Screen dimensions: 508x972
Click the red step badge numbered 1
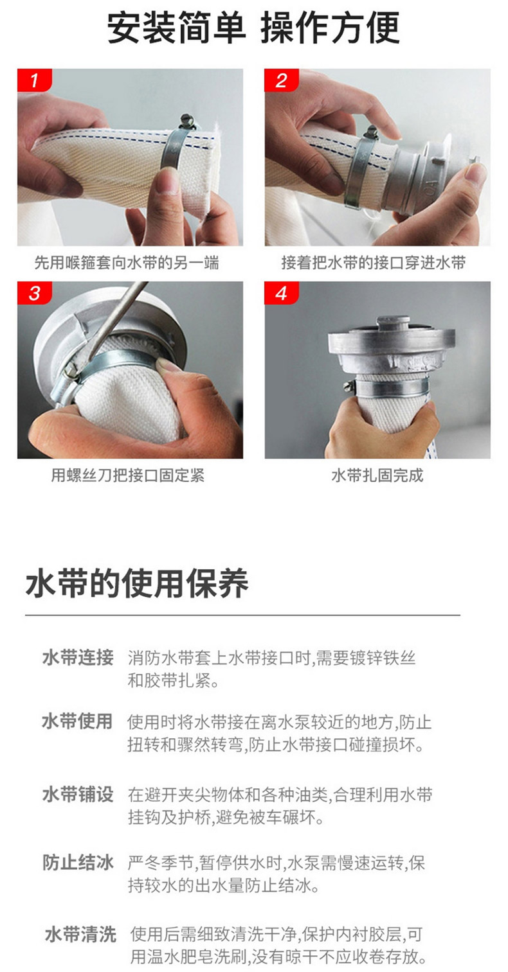34,80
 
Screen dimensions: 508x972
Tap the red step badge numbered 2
282,80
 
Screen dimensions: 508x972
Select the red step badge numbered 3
34,293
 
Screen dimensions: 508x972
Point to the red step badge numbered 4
282,293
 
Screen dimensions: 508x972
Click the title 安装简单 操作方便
253,28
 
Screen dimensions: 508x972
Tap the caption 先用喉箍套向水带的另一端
126,263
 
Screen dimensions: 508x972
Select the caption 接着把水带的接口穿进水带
374,263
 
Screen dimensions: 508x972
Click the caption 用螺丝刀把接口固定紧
128,475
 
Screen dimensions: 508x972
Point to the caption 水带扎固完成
377,475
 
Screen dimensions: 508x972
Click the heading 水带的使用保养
137,583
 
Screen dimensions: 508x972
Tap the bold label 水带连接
78,658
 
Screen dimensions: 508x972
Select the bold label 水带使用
78,721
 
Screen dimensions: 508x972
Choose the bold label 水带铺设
78,794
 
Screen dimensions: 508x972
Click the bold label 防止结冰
78,863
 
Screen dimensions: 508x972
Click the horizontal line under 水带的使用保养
242,615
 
